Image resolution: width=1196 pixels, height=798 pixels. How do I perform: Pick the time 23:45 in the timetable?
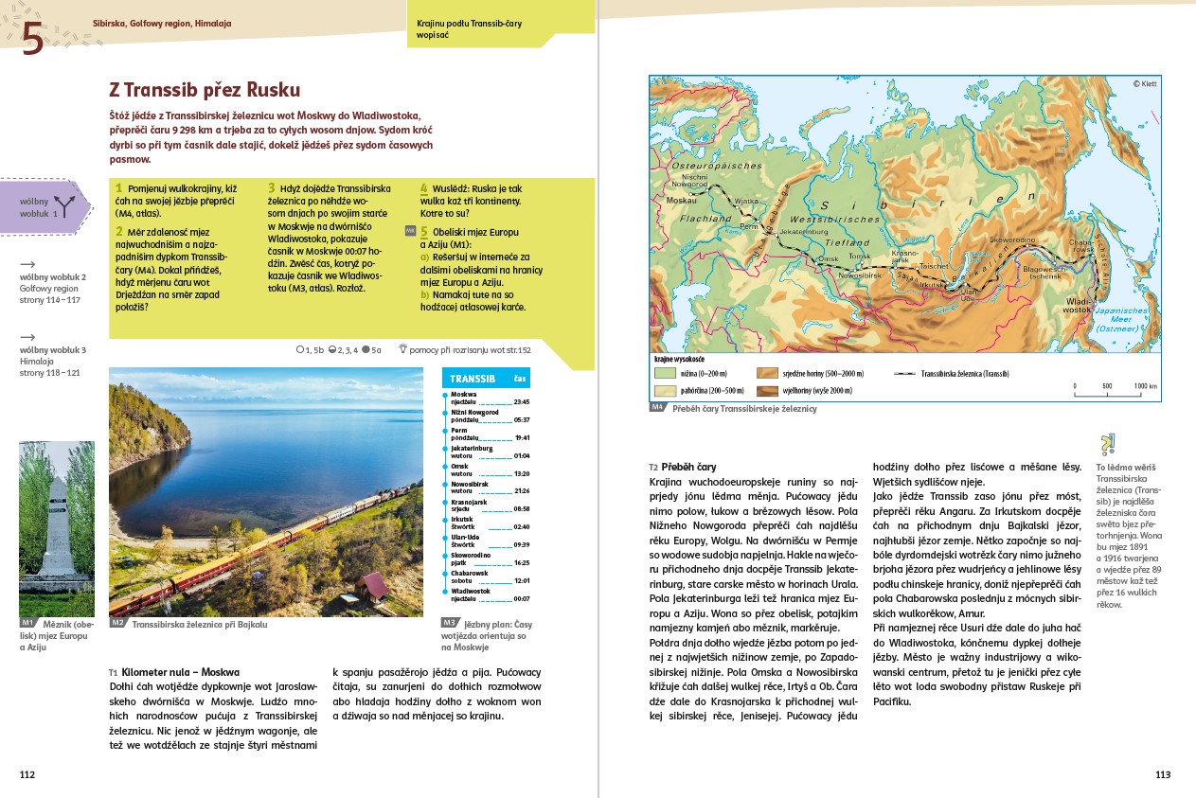[x=521, y=401]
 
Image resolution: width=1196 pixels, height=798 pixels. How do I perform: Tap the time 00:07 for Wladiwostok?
[x=521, y=598]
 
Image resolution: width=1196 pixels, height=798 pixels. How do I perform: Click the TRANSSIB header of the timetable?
[x=473, y=379]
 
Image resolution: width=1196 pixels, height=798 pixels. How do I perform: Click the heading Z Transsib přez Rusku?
[x=205, y=90]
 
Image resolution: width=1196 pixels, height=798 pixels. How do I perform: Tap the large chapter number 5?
[x=33, y=41]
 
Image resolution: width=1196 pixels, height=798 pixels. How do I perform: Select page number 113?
[x=1163, y=774]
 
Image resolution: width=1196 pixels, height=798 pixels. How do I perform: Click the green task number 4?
[x=423, y=188]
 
